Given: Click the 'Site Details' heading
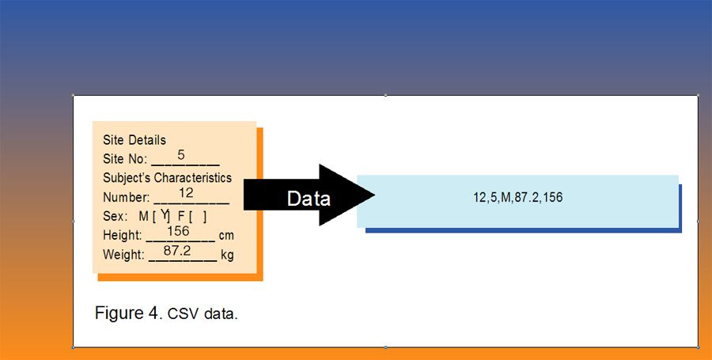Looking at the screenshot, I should (134, 140).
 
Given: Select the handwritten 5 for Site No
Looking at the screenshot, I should (181, 154).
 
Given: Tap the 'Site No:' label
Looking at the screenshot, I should (125, 159).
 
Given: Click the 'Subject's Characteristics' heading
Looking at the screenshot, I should (168, 178).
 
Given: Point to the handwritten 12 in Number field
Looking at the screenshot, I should (187, 192).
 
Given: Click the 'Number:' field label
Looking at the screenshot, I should (126, 197).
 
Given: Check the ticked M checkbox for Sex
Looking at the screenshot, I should (164, 215).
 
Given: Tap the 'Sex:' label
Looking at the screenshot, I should (116, 216).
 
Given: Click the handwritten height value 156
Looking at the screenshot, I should (179, 231).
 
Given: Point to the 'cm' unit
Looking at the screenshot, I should (227, 236).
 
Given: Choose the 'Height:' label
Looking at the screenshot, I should (123, 236).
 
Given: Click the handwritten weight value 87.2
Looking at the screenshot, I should (177, 250).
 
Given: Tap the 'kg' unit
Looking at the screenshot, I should (228, 255).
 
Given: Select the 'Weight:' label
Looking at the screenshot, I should (123, 255).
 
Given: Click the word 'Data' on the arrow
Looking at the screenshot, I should (309, 199).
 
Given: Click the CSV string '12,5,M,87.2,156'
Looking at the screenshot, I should (518, 197).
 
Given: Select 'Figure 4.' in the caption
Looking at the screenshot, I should (127, 313).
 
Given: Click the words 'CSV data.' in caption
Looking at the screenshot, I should (203, 314).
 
